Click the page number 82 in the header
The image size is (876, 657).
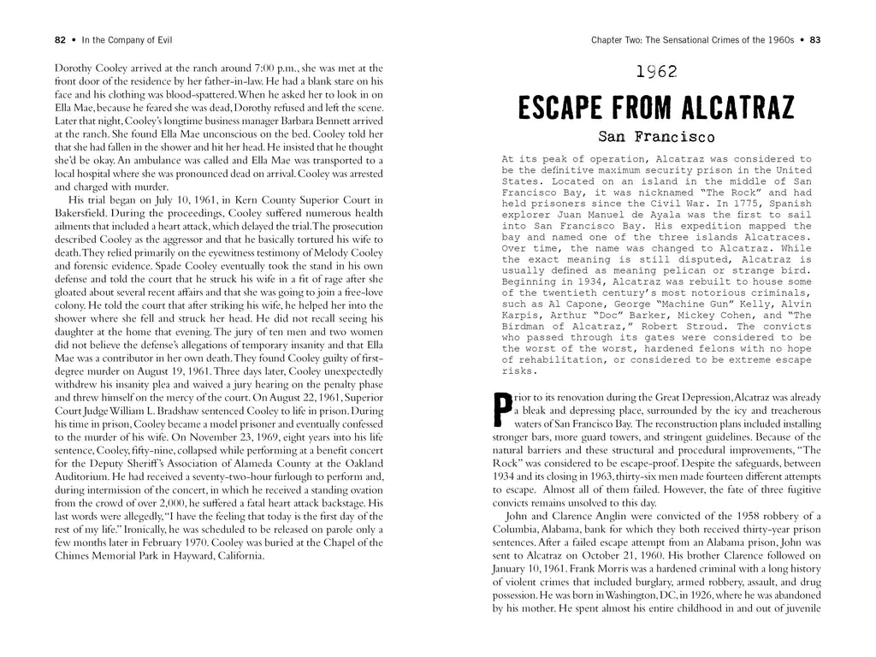60,38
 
